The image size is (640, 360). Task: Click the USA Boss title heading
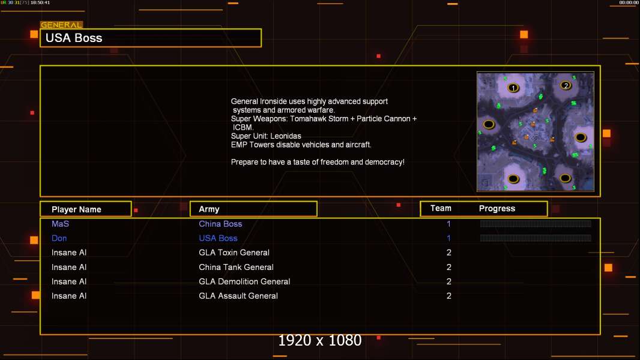tap(74, 38)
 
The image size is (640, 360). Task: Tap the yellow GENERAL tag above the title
tap(61, 25)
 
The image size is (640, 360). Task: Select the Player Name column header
tap(76, 209)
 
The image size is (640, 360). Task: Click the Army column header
tap(209, 209)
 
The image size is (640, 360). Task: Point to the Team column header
tap(441, 208)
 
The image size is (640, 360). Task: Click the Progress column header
tap(497, 208)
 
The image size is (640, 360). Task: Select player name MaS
tap(60, 224)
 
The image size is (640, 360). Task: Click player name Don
tap(59, 238)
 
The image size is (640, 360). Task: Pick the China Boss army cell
tap(220, 224)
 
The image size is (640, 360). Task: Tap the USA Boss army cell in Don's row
tap(218, 238)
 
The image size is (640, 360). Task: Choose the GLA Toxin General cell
tap(234, 253)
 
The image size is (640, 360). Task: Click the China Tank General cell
tap(236, 267)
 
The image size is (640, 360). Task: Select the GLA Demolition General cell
tap(244, 281)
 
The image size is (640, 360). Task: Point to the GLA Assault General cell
tap(238, 296)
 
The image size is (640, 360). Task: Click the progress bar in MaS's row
tap(536, 223)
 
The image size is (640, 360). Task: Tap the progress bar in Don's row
tap(536, 238)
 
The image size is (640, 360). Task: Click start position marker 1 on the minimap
tap(513, 88)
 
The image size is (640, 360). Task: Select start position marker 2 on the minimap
tap(566, 85)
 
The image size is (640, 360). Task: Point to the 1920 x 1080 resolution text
tap(319, 340)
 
